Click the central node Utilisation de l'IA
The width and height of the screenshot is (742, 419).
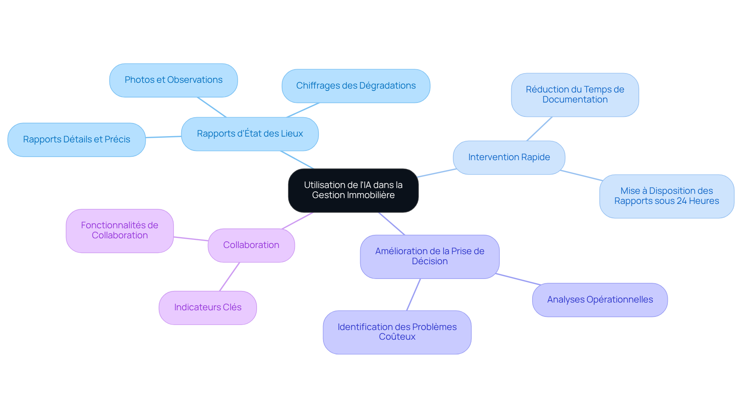tap(353, 190)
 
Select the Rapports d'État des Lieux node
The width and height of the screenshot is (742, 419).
tap(250, 134)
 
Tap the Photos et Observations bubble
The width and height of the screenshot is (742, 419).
tap(174, 80)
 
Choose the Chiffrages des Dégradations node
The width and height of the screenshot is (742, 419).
tap(356, 86)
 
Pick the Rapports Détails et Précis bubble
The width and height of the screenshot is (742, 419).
tap(77, 140)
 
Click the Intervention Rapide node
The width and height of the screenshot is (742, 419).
tap(509, 157)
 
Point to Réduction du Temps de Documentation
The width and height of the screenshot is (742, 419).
tap(575, 95)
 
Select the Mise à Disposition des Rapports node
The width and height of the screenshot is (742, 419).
tap(667, 196)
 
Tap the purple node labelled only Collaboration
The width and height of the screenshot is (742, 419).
tap(251, 245)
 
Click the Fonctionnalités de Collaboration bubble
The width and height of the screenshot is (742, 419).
tap(120, 231)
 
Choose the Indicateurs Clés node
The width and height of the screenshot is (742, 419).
tap(208, 308)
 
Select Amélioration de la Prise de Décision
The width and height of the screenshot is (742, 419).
tap(430, 257)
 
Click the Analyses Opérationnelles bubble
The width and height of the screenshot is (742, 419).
tap(600, 300)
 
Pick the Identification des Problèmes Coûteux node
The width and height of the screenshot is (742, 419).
tap(397, 332)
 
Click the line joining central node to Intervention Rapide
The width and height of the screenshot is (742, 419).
tap(437, 173)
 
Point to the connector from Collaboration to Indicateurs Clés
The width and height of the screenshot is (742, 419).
tap(230, 277)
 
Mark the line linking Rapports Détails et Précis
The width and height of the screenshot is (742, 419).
tap(163, 137)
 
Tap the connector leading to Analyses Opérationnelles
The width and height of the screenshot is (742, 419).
tap(518, 279)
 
